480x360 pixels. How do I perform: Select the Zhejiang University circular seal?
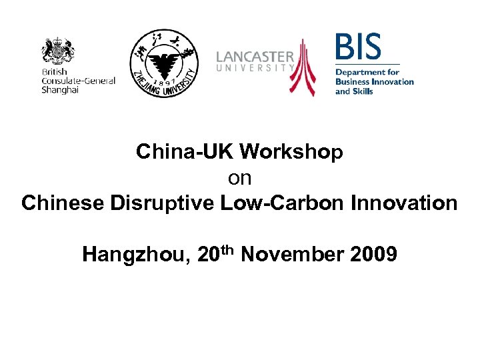pyautogui.click(x=163, y=64)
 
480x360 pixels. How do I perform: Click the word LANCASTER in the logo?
pyautogui.click(x=255, y=57)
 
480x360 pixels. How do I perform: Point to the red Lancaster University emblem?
pyautogui.click(x=303, y=67)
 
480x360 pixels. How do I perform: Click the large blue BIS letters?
pyautogui.click(x=359, y=48)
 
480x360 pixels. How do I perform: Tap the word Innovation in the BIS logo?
pyautogui.click(x=393, y=82)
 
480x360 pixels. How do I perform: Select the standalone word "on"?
pyautogui.click(x=239, y=177)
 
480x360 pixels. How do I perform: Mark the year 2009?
pyautogui.click(x=373, y=254)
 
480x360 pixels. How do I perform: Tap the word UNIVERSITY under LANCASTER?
pyautogui.click(x=255, y=67)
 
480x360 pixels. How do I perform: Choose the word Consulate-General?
pyautogui.click(x=78, y=81)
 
